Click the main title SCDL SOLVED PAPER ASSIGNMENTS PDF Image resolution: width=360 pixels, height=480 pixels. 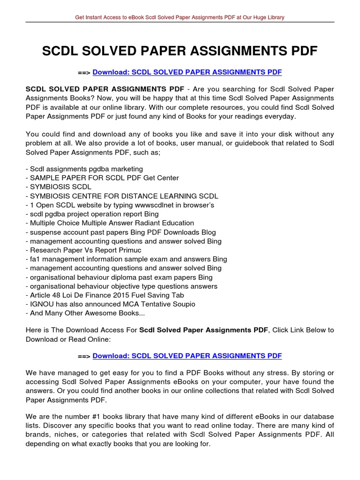tap(180, 51)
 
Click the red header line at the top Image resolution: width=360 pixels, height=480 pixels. tap(180, 17)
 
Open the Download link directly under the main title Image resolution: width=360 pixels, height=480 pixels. tap(187, 73)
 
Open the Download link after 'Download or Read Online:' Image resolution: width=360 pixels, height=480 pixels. tap(187, 356)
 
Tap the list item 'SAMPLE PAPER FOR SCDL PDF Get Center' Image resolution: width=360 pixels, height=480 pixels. tap(102, 178)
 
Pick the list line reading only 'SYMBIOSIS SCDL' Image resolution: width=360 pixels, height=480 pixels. tap(60, 187)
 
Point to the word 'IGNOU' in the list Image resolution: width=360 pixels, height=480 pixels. tap(40, 304)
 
